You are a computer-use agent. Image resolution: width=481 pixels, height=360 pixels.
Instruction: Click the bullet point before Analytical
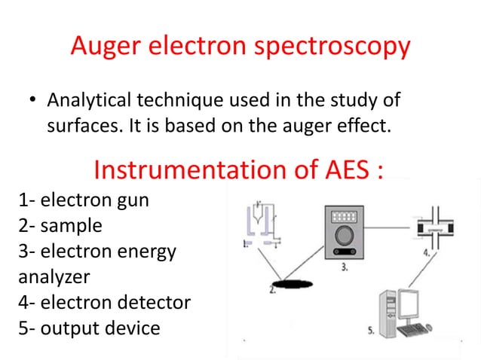32,101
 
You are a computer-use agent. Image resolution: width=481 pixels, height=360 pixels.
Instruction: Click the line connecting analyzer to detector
388,224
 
